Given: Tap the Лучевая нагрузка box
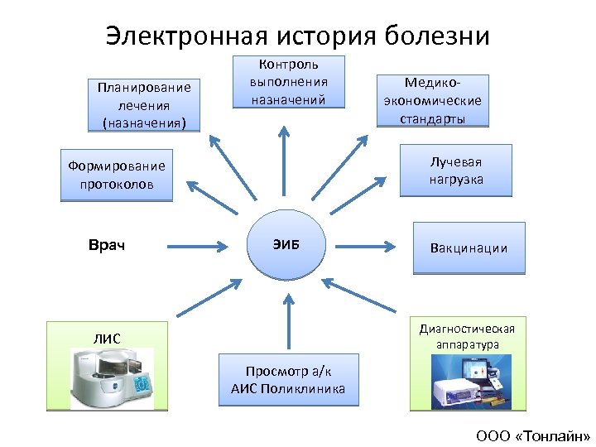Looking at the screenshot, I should [x=455, y=171].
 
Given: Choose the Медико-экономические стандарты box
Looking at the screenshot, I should [x=433, y=101].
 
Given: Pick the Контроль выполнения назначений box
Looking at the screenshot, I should [x=288, y=82].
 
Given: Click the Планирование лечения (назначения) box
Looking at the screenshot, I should [x=143, y=105].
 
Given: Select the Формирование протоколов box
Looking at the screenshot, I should [x=117, y=175].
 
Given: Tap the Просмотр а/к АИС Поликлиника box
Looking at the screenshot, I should [x=289, y=380].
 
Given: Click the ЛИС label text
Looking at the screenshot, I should [x=107, y=337].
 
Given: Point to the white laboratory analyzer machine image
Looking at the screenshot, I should [x=112, y=378].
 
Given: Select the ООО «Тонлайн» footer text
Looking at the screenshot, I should [x=533, y=435].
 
